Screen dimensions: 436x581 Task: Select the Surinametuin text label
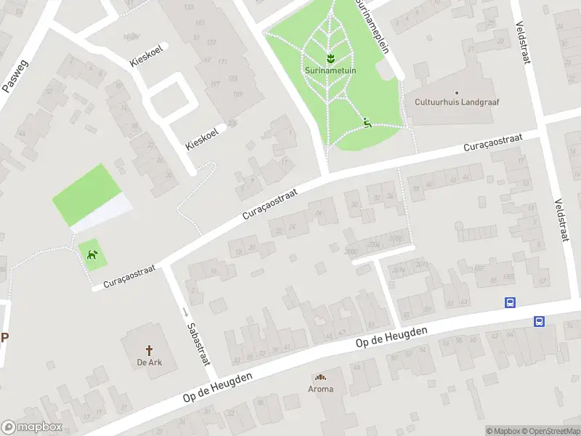tap(329, 72)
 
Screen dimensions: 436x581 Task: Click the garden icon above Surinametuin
tap(329, 57)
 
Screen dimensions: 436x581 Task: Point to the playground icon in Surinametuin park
tap(367, 123)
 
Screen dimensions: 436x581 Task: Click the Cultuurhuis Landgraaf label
tap(457, 102)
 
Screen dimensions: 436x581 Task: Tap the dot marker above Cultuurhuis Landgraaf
tap(457, 92)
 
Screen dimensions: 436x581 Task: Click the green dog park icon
tap(92, 254)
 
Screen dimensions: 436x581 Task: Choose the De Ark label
tap(149, 362)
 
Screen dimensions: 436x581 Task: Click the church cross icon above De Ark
tap(150, 350)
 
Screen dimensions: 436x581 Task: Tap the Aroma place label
tap(320, 389)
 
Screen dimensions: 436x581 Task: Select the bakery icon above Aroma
tap(320, 376)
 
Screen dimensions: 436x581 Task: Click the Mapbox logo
tap(32, 427)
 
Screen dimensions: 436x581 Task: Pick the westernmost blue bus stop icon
tap(511, 303)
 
